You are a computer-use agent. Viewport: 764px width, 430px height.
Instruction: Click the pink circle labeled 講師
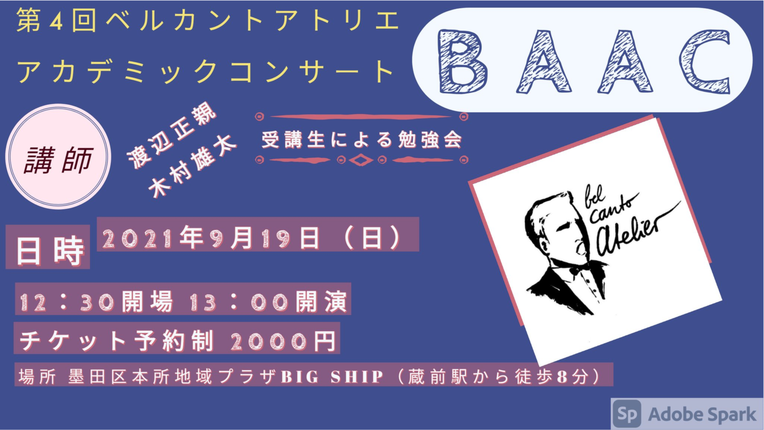coord(58,156)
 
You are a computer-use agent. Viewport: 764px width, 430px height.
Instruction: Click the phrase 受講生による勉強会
coord(362,140)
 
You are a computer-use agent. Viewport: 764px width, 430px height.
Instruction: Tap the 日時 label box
coord(48,247)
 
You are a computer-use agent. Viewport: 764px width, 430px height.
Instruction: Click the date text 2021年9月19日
coord(211,238)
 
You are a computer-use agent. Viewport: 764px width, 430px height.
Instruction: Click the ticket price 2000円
coord(283,341)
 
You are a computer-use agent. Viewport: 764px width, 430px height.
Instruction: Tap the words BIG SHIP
coord(332,377)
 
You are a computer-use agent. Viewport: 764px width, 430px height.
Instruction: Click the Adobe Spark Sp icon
coord(627,414)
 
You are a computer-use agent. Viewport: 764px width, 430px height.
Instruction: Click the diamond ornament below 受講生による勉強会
coord(361,160)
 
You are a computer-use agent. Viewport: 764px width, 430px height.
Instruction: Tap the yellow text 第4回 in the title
coord(56,21)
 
